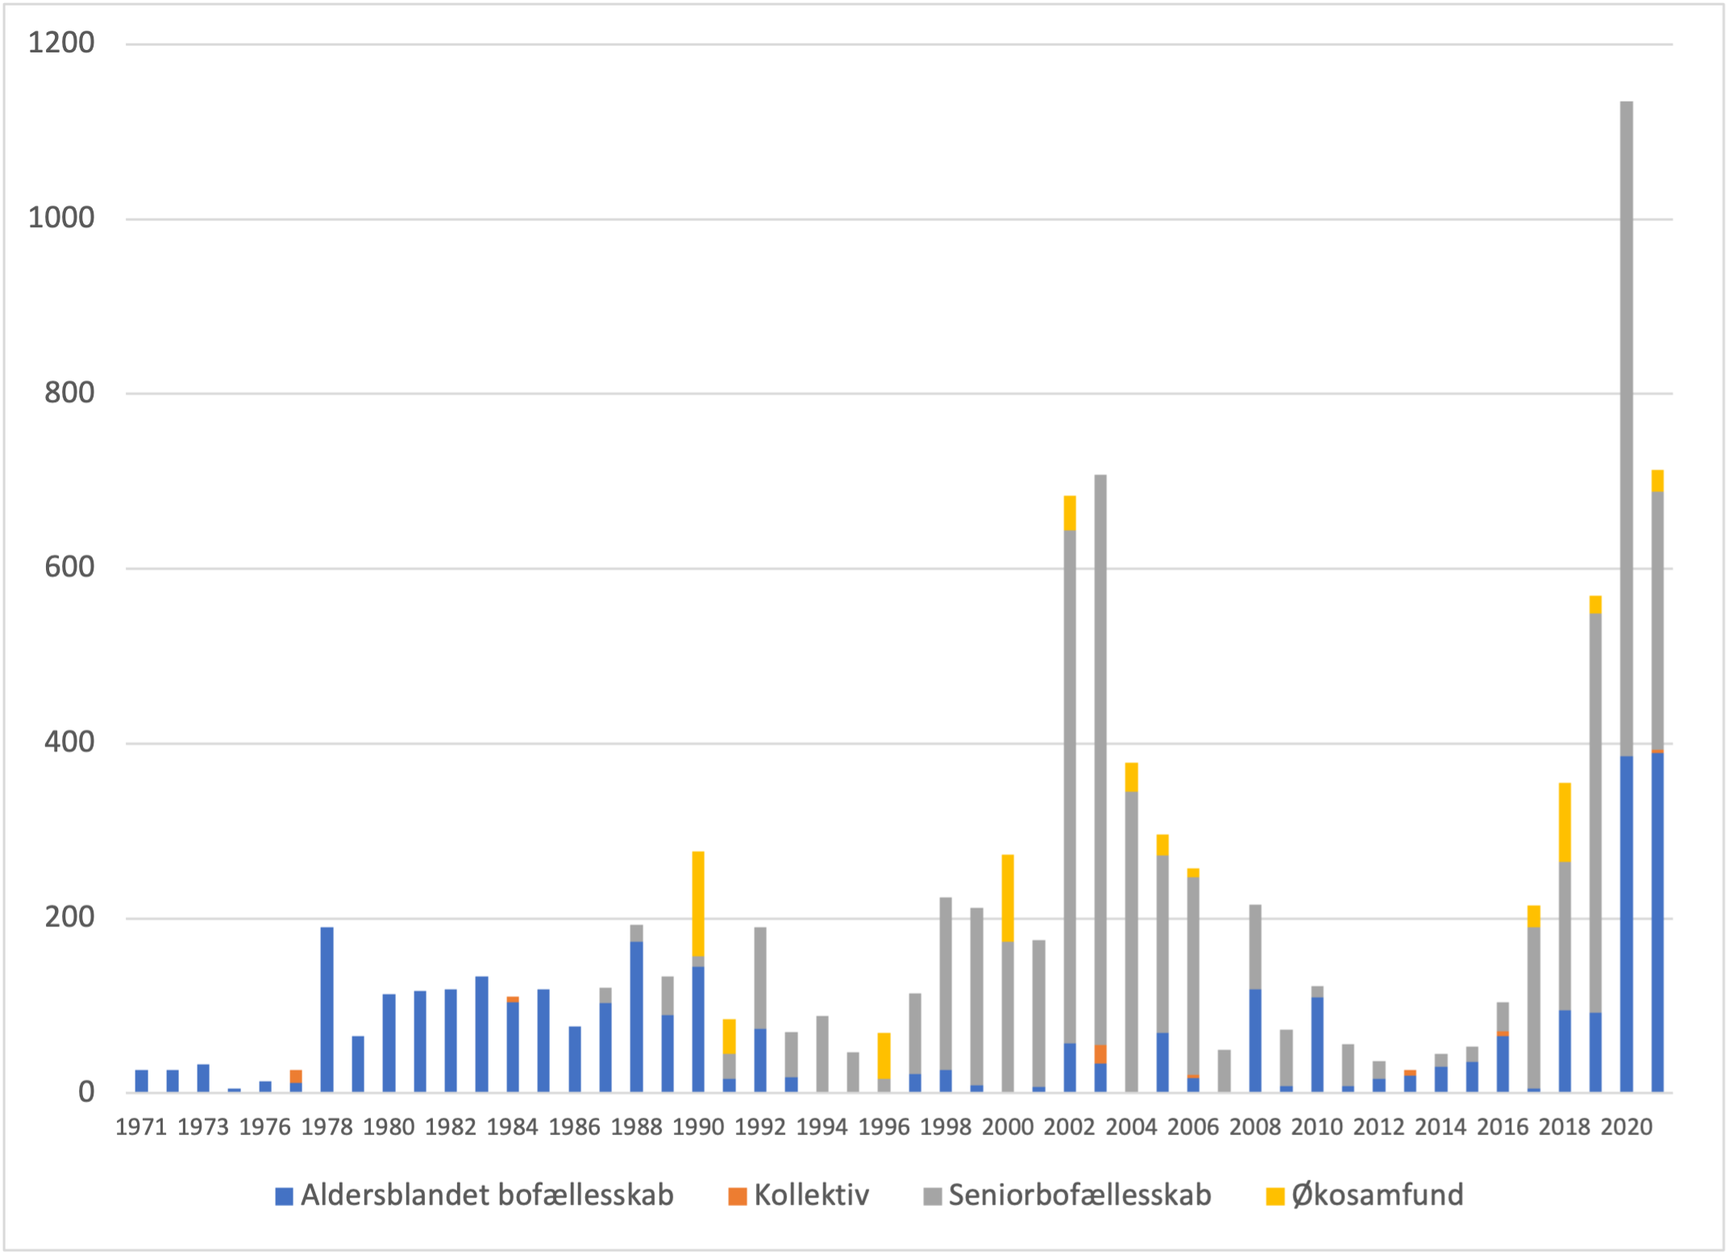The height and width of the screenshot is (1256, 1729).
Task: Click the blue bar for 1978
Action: click(x=326, y=1009)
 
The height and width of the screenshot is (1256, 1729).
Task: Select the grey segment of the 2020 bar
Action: click(x=1626, y=427)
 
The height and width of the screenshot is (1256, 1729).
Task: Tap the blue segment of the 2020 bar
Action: click(x=1626, y=923)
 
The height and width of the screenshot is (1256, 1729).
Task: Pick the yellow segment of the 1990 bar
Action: click(x=698, y=904)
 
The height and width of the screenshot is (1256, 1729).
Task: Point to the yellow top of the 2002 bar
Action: click(x=1070, y=513)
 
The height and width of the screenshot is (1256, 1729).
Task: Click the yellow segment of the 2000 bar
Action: click(x=1008, y=898)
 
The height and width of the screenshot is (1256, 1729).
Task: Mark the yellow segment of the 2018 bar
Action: click(x=1565, y=822)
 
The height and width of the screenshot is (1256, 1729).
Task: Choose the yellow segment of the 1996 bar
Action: click(x=884, y=1055)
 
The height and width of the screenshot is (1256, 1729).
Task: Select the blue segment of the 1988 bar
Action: click(x=637, y=1016)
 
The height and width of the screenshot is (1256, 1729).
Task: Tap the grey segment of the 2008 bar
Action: click(x=1255, y=946)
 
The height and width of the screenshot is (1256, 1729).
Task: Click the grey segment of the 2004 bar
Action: click(x=1132, y=942)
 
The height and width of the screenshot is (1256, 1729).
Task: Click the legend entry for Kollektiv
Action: click(x=811, y=1196)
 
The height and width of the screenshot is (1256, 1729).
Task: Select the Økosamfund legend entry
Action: click(x=1377, y=1196)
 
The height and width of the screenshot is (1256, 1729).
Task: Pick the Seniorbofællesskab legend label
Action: click(x=1079, y=1196)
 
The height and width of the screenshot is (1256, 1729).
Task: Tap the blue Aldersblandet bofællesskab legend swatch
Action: click(x=284, y=1196)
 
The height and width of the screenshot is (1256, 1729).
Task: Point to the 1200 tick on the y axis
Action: click(x=61, y=43)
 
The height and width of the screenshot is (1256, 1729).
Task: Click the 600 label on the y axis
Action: click(x=69, y=567)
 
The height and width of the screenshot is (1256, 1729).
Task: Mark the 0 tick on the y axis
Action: click(x=85, y=1092)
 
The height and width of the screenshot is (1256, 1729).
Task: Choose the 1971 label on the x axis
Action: click(x=141, y=1126)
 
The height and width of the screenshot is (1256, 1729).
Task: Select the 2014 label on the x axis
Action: click(x=1440, y=1126)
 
